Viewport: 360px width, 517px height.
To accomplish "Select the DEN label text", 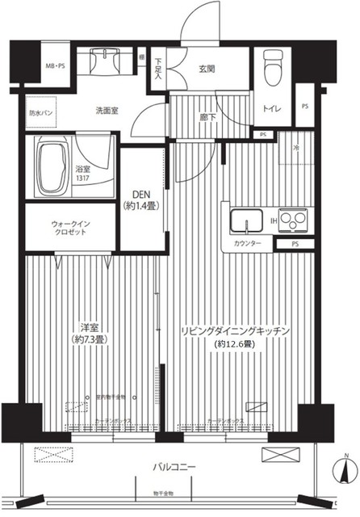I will [x=142, y=194].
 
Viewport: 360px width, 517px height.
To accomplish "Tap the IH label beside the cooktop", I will [x=273, y=219].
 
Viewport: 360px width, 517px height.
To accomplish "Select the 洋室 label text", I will [x=89, y=326].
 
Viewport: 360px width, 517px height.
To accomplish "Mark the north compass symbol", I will [x=342, y=468].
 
